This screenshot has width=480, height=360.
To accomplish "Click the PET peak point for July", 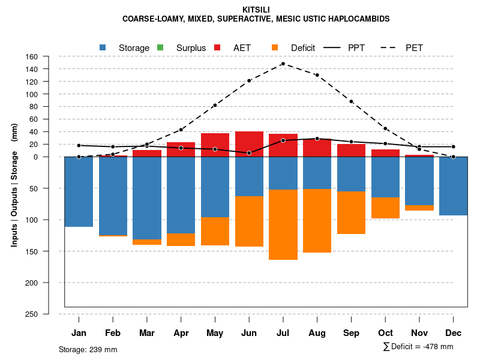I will tap(283, 64).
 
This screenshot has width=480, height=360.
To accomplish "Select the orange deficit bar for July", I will tap(283, 224).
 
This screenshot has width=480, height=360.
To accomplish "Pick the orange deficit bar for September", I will tap(351, 212).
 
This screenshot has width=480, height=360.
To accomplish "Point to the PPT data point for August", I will tap(317, 139).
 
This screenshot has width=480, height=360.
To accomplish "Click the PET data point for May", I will tap(215, 105).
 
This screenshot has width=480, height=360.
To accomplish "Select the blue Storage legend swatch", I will tap(103, 47).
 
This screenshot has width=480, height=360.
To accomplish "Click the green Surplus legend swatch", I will tap(160, 47).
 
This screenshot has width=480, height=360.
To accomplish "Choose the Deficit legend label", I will tap(303, 48).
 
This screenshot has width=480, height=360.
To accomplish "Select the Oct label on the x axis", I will tap(385, 333).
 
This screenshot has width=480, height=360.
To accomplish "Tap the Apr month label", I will tap(181, 333).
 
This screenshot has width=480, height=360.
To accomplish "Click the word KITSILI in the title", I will tap(256, 10).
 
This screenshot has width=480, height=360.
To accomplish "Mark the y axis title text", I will tap(14, 185).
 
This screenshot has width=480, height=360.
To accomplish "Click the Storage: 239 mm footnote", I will tap(88, 349).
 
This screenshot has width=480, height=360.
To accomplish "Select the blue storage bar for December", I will tap(453, 186).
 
